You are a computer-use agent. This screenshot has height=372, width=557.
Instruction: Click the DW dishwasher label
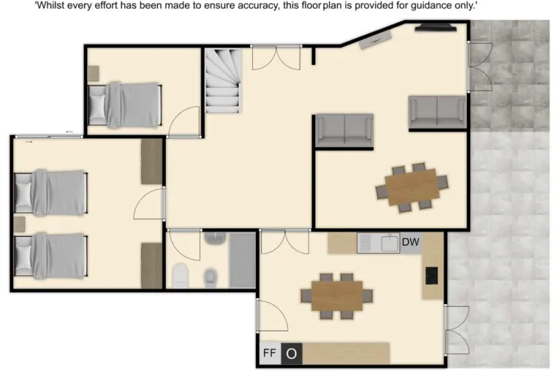click(410, 242)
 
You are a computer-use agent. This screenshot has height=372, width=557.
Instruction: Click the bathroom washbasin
click(215, 238)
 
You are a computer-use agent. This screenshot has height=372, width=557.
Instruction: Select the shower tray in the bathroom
click(242, 260)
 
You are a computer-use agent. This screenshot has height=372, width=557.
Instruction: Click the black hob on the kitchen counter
click(432, 275)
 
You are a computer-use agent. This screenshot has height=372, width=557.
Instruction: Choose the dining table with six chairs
click(412, 187)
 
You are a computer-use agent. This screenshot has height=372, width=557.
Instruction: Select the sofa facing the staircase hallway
click(344, 130)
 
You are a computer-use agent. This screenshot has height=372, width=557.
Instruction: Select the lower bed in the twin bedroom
click(51, 255)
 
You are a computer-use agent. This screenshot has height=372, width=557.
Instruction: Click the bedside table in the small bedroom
click(93, 73)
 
